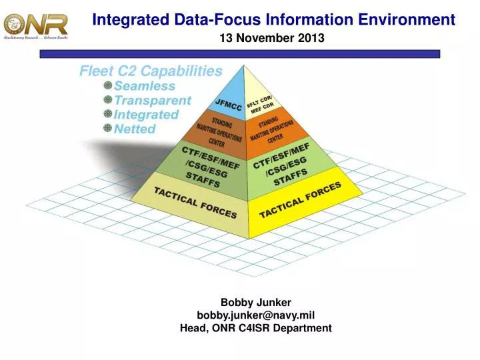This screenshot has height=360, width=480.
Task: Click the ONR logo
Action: (36, 25)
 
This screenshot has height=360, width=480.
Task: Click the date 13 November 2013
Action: (272, 38)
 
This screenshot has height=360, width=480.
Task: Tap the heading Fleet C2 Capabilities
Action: (151, 71)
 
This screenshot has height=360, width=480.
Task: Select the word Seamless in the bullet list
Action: (145, 86)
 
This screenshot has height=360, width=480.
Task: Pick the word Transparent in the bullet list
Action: (153, 101)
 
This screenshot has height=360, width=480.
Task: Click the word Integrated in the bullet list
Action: (146, 115)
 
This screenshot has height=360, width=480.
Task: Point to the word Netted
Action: (135, 129)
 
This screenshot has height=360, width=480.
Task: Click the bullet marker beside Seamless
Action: (107, 85)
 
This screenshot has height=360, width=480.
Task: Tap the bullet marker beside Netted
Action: (107, 128)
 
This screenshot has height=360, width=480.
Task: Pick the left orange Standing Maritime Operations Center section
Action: (213, 133)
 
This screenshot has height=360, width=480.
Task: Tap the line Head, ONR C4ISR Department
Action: (256, 327)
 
